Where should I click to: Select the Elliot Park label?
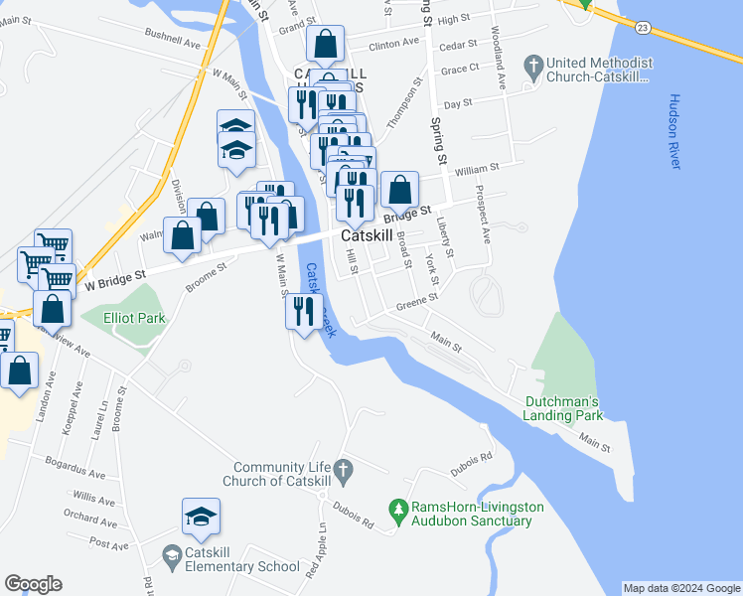(136, 318)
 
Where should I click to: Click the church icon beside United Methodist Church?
(535, 68)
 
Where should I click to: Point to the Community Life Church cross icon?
(343, 468)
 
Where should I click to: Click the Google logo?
(33, 584)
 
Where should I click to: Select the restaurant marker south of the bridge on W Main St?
(304, 311)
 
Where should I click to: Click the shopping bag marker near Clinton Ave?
(325, 44)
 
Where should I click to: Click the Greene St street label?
(416, 303)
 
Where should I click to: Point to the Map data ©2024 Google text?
(680, 588)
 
